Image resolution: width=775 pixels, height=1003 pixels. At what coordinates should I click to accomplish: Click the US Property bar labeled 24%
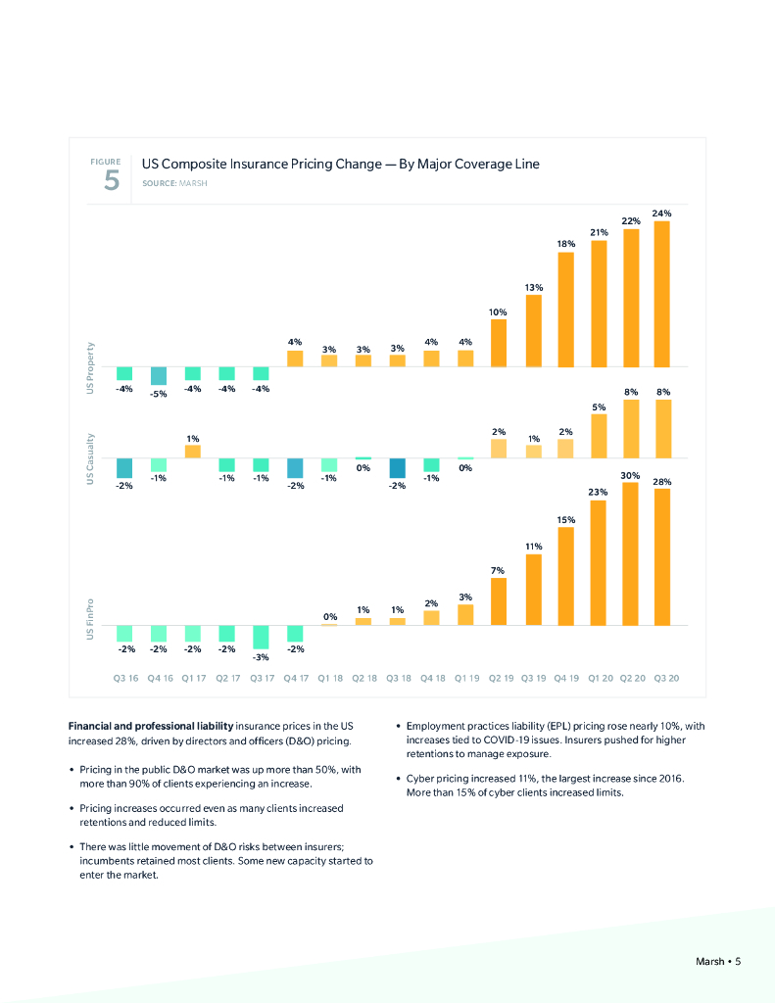click(x=662, y=294)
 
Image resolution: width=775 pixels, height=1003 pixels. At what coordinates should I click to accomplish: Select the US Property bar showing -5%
click(x=158, y=376)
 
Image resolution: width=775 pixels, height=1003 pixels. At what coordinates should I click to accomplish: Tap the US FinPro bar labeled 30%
click(x=631, y=553)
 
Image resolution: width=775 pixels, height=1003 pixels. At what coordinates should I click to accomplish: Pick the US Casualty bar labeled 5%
click(x=599, y=436)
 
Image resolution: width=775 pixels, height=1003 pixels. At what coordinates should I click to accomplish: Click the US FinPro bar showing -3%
click(x=261, y=637)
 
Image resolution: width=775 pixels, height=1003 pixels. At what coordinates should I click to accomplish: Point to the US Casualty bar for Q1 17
click(x=192, y=452)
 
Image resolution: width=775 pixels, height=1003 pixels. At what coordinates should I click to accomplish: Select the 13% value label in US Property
click(x=533, y=287)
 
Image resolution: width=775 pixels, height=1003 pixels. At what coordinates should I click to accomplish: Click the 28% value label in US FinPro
click(x=662, y=482)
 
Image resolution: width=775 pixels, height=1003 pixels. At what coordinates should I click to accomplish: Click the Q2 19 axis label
click(x=499, y=677)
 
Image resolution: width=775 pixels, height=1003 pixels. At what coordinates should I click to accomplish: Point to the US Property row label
click(x=91, y=368)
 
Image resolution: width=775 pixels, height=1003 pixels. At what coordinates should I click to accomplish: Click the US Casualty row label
click(x=91, y=458)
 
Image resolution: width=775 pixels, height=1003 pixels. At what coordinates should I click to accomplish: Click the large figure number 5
click(x=112, y=181)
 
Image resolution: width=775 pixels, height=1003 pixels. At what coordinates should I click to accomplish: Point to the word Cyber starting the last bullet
click(x=419, y=778)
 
